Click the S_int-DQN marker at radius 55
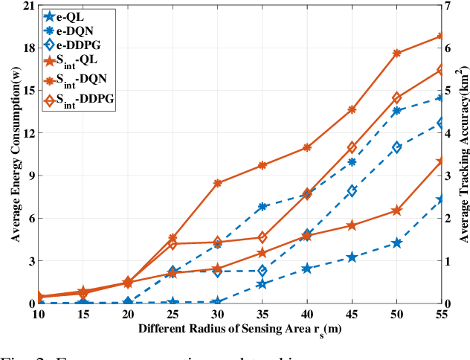coord(441,36)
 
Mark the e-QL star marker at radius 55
coord(441,199)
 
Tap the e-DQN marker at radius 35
coord(262,206)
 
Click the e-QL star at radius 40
coord(306,269)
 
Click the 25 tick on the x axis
coord(172,315)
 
